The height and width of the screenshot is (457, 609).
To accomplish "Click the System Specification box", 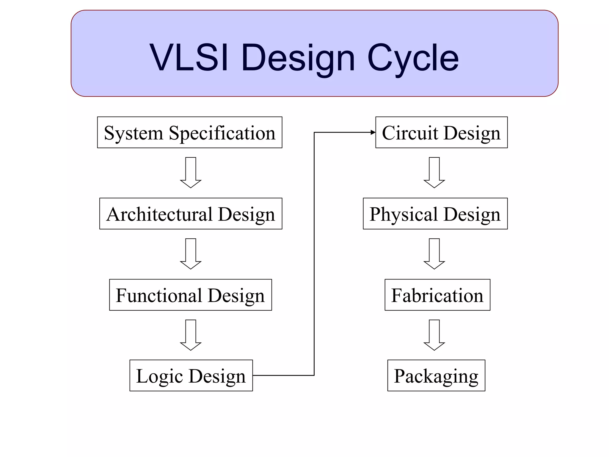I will click(x=189, y=132).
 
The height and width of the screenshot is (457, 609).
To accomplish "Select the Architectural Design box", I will click(x=191, y=214).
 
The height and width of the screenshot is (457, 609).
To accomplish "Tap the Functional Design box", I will click(x=190, y=295).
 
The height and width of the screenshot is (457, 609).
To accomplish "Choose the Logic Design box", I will click(x=191, y=375).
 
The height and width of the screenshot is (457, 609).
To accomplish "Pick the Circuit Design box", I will click(x=441, y=132).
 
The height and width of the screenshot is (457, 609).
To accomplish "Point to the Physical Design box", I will click(x=435, y=214).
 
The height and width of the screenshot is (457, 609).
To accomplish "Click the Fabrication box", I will click(x=437, y=295).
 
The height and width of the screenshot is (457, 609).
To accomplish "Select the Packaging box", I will click(x=436, y=375).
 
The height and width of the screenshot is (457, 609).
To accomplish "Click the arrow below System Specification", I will click(x=191, y=173).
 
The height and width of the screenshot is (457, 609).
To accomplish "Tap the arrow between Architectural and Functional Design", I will click(x=191, y=254).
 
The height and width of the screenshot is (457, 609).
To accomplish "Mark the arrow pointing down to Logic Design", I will click(x=191, y=335).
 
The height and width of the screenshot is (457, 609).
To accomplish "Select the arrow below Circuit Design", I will click(x=434, y=173).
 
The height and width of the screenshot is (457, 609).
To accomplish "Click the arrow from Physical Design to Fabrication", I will click(x=434, y=254).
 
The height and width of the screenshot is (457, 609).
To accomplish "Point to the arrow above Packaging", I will click(x=434, y=335).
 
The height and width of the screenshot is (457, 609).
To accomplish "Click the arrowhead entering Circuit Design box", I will click(x=373, y=132).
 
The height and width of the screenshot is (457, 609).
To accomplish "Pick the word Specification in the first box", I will click(x=222, y=133).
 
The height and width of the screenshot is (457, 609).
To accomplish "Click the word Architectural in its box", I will click(x=159, y=214).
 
